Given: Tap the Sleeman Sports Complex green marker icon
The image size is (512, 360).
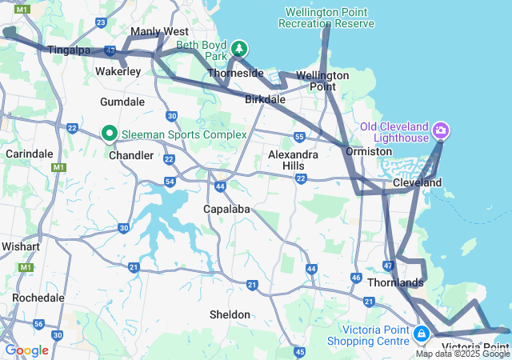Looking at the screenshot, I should coord(110,134).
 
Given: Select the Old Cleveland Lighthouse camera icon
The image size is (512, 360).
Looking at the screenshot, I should coord(440,130).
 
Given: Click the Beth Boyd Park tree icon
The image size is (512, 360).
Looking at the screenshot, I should coord(238,50).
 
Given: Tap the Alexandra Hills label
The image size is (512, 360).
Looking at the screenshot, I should coord(293,159).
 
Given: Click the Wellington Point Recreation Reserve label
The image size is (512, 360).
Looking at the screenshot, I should coord(326,18).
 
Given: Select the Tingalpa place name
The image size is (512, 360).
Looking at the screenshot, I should coord(69,50).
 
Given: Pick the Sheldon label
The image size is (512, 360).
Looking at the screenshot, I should coord(230,314).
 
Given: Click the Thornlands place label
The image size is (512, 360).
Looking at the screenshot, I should coord(395,283).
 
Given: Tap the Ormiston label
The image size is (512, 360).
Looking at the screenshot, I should coord(369,151).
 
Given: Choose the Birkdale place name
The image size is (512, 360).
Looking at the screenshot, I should coord(265,100).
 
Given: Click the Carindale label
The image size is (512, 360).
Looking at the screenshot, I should coord(28,154).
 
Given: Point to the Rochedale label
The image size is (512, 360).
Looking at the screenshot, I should coord(38,298).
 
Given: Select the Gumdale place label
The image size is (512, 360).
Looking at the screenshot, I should coord(122,102).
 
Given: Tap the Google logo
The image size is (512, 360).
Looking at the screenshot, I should coord(27,350).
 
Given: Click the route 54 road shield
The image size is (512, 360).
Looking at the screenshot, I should coord(170,182).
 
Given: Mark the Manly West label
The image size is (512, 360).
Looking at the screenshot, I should coord(159,31).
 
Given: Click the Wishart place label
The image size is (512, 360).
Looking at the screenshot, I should coord(20,246).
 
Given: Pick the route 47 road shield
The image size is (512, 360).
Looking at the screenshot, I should coord(388,266).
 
